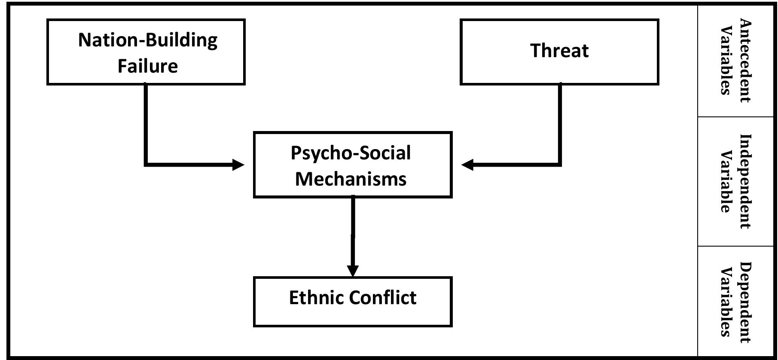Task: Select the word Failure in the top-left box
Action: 148,66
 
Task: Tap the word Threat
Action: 559,51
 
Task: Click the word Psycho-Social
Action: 351,153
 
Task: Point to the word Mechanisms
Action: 351,179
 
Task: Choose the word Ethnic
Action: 317,297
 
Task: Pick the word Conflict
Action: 383,297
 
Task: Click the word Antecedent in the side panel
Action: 745,61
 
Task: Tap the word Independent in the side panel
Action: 745,181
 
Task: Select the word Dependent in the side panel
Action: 745,302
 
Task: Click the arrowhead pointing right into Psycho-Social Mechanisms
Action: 238,165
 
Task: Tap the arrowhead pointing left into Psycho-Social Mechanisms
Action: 467,165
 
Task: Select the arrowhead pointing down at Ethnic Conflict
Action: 353,271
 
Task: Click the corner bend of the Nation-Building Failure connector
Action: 146,164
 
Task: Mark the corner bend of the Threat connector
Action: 560,164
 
